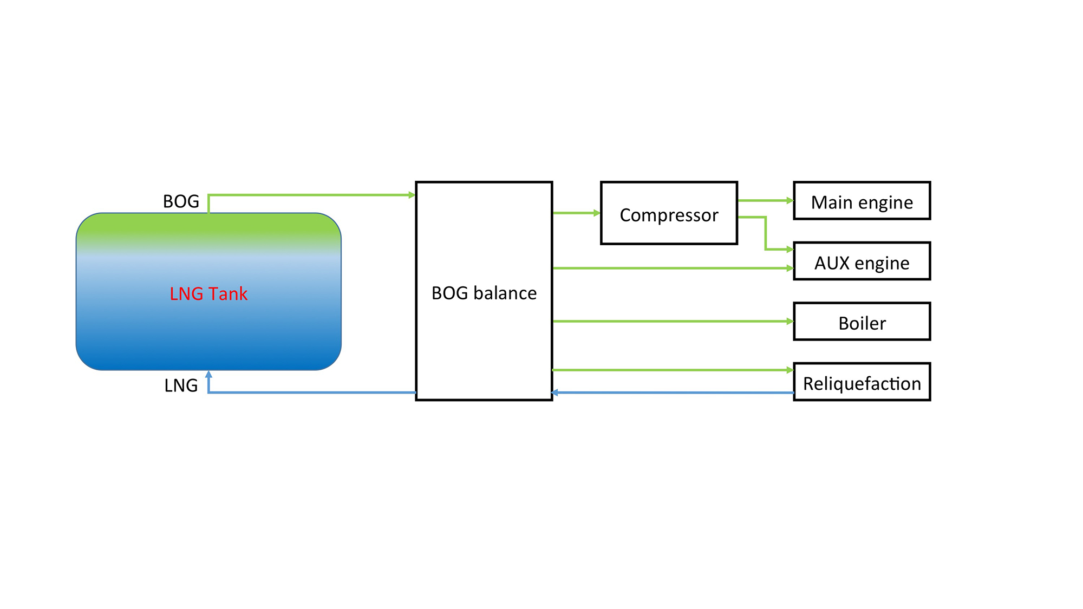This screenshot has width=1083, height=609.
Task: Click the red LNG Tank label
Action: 208,294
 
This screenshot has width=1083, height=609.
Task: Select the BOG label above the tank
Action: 181,201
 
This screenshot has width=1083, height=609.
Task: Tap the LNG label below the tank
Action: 181,385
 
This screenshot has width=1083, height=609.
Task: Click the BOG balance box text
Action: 484,293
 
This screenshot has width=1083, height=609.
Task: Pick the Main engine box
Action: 862,201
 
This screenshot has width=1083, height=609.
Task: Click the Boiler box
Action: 862,322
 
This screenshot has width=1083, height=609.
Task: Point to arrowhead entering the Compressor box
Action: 597,213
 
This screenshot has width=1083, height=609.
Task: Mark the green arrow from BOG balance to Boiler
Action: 671,322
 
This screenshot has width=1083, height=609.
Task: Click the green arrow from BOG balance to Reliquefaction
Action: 671,370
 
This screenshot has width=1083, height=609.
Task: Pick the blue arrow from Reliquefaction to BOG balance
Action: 671,392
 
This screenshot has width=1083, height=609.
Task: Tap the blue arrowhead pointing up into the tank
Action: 208,374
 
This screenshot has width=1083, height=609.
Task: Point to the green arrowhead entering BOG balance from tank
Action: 412,195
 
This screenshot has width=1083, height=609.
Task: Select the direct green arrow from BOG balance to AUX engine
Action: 671,268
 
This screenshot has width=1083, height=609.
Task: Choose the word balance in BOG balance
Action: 505,293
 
